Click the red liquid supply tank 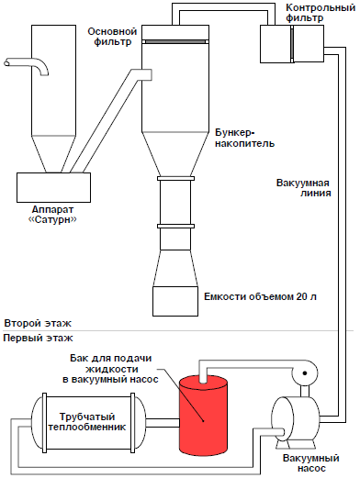point(203,416)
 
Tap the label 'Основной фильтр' point(112,37)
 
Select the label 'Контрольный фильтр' point(321,13)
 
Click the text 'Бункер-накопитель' point(244,138)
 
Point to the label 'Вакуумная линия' point(303,188)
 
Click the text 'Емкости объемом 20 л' point(260,296)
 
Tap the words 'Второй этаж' point(38,323)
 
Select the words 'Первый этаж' point(38,339)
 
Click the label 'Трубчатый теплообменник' point(87,422)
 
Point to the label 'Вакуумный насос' point(311,463)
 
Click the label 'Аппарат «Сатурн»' point(52,215)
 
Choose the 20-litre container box point(175,301)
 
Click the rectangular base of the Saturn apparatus point(53,187)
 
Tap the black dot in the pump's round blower point(305,373)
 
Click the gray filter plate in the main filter point(175,41)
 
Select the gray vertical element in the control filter point(292,44)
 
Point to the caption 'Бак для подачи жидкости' point(111,363)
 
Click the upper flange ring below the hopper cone point(175,178)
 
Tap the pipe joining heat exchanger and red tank point(163,422)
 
